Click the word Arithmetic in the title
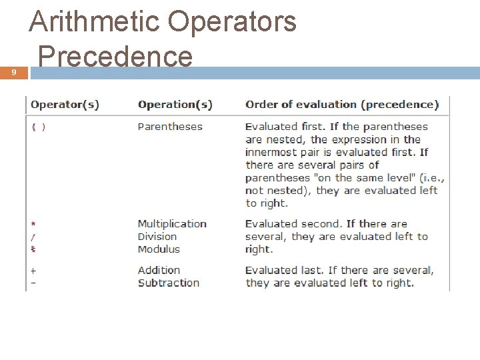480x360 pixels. point(93,21)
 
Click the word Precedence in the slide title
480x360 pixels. point(115,56)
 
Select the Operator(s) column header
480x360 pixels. point(65,105)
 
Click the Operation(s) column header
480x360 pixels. point(175,105)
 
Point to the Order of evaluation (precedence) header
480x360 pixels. point(342,105)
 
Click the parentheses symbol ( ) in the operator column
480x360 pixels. point(39,127)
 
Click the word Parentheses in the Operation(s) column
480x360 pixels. point(170,127)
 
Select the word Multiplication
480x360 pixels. point(172,224)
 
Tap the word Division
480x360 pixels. point(157,237)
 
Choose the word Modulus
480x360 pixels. point(159,249)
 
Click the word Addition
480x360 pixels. point(159,270)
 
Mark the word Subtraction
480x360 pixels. point(169,283)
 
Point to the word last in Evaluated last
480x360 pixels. point(313,270)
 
